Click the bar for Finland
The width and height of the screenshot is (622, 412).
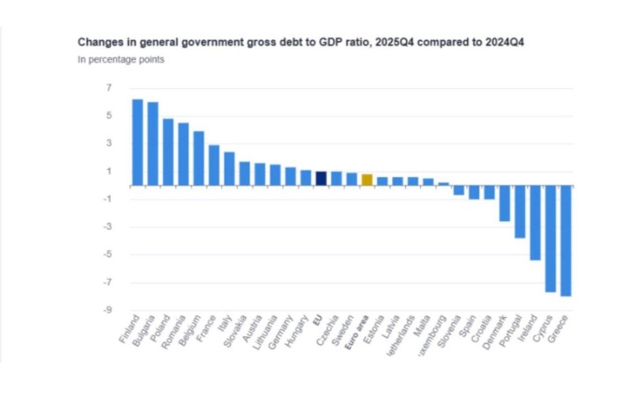137,142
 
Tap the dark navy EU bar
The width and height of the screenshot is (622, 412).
322,179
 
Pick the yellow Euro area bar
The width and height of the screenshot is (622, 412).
367,180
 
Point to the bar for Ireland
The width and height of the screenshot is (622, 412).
535,223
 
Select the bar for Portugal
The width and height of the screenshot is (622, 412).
520,211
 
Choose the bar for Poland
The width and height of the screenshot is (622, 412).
168,151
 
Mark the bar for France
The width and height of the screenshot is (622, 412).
214,166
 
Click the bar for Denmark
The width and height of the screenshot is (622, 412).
505,203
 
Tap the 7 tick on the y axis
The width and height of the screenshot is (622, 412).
109,88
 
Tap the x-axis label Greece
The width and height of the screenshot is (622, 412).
558,331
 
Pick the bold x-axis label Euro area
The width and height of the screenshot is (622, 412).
354,335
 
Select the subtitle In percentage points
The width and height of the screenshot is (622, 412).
121,60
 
